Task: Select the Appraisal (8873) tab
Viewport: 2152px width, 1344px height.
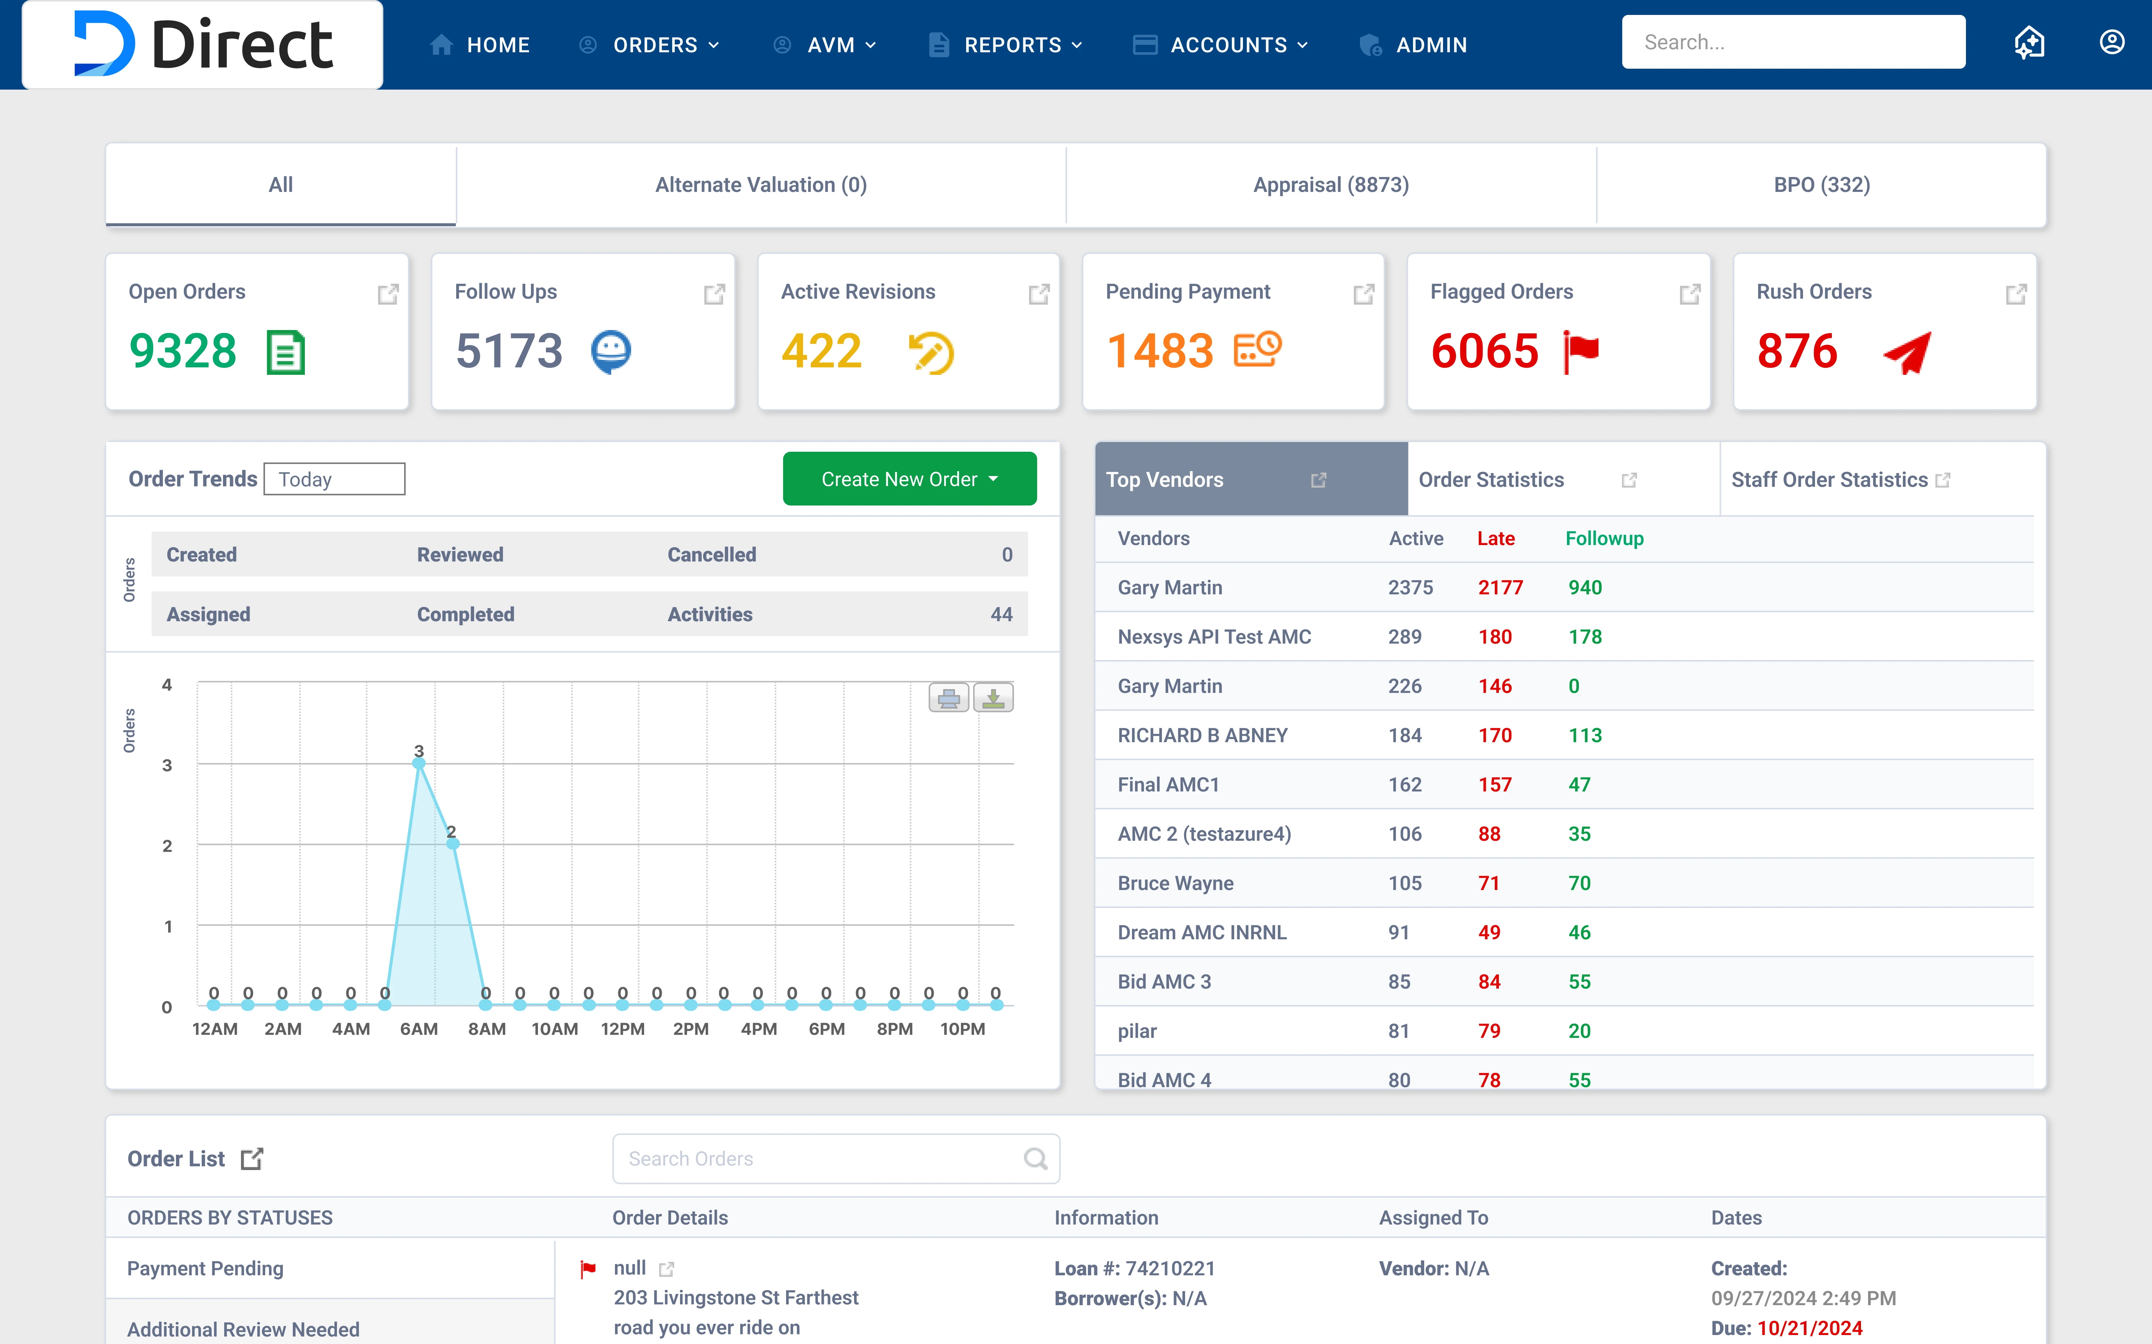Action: [x=1330, y=185]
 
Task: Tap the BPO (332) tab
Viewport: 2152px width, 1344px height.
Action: [x=1821, y=185]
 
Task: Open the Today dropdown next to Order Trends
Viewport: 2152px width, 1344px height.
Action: [x=334, y=479]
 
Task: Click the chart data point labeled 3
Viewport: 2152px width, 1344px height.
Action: [x=419, y=763]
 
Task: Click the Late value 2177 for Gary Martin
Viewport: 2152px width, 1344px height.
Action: [x=1500, y=588]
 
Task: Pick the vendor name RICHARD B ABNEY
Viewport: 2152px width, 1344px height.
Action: [x=1202, y=735]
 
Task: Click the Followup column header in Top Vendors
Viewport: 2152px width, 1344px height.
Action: [x=1604, y=539]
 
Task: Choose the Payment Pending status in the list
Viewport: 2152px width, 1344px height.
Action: [x=205, y=1269]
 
